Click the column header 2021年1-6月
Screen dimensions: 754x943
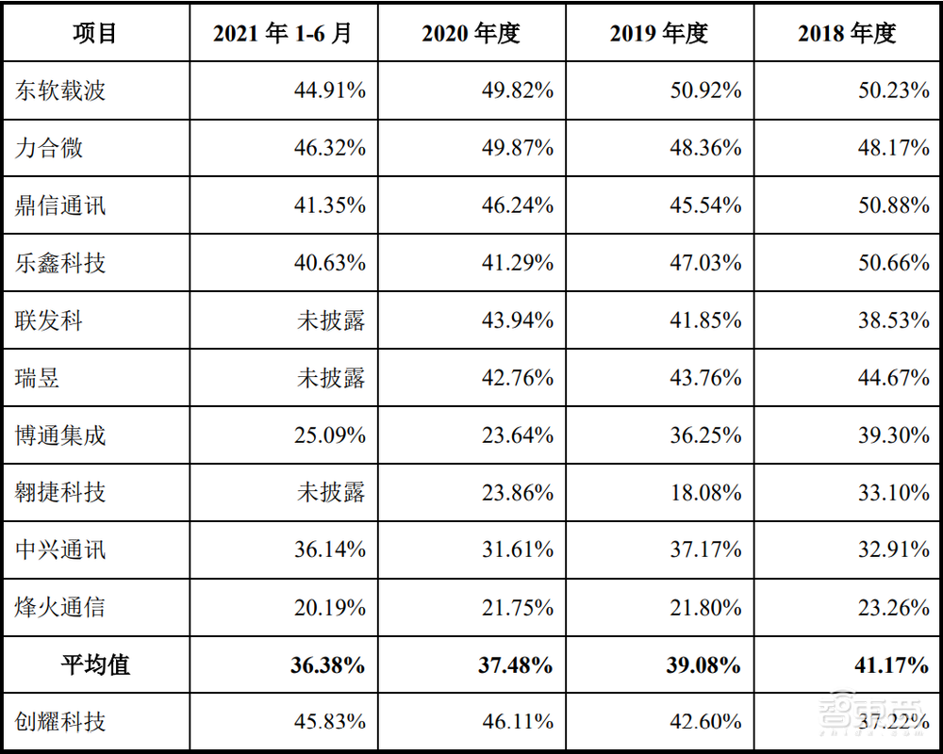(282, 33)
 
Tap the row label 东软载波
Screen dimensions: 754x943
(60, 90)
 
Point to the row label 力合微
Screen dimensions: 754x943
(49, 148)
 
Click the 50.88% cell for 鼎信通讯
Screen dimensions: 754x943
(893, 205)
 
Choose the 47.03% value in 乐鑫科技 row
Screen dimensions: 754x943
(705, 263)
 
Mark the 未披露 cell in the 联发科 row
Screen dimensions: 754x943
(331, 320)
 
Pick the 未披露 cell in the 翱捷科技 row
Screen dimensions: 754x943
(331, 492)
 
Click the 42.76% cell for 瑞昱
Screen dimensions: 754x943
(517, 378)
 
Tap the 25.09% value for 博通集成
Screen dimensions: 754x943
(329, 435)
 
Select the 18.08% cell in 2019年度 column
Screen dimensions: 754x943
(705, 492)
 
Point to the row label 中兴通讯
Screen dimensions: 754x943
(60, 549)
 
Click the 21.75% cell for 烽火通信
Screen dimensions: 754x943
(517, 607)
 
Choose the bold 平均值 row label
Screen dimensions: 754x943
(95, 664)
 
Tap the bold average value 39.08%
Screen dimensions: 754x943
(703, 664)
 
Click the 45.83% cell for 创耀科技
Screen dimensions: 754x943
(329, 722)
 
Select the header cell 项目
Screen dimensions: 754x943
(95, 33)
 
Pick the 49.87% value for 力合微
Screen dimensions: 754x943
(517, 148)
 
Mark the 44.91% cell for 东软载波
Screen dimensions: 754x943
(329, 90)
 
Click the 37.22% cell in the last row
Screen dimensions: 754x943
(893, 722)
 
